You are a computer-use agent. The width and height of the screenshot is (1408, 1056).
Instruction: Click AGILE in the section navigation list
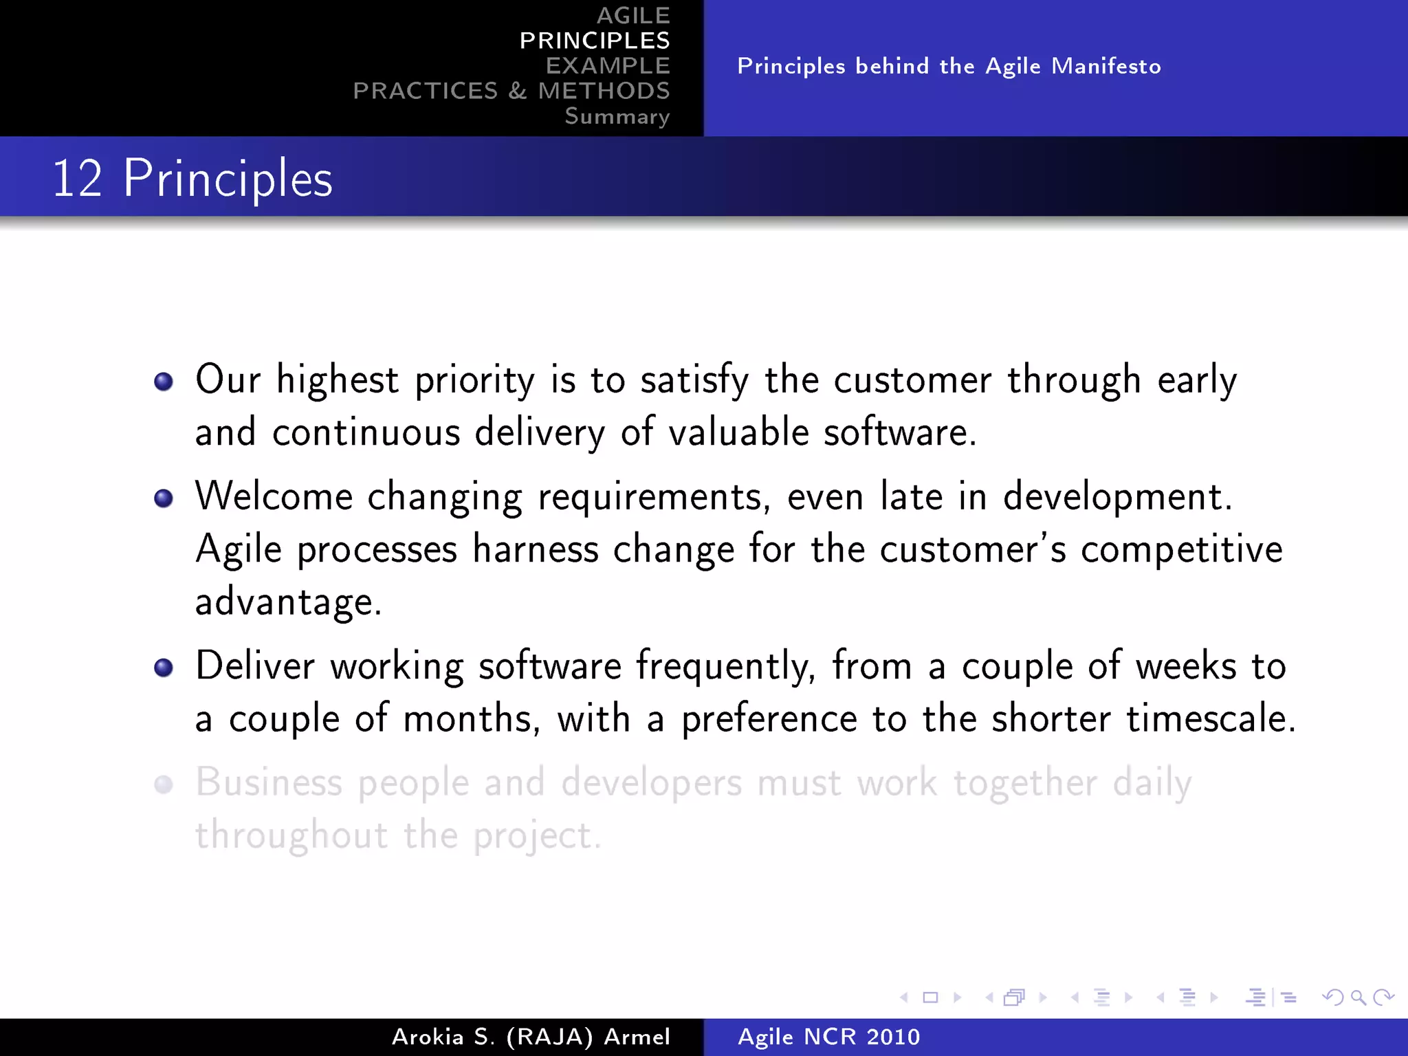(x=632, y=15)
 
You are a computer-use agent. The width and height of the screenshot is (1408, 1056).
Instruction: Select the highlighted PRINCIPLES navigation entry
(x=595, y=41)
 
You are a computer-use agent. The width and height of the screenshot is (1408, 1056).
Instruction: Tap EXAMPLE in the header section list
(x=608, y=66)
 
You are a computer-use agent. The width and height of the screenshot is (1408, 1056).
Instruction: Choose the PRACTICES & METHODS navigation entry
(x=511, y=91)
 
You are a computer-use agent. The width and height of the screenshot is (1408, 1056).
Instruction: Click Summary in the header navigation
(x=617, y=116)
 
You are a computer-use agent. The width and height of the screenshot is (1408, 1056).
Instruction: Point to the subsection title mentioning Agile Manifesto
(x=949, y=66)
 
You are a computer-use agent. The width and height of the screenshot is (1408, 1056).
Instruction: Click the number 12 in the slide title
(x=77, y=179)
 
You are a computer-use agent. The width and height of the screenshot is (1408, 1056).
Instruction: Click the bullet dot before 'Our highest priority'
(x=164, y=382)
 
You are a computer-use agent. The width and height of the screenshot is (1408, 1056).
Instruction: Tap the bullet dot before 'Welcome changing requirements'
(x=164, y=498)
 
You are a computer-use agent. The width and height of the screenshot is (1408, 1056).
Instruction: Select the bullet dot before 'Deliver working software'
(x=164, y=668)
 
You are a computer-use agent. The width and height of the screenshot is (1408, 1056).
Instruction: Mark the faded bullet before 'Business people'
(x=164, y=784)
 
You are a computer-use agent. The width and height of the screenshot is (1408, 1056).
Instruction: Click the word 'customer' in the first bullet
(x=912, y=380)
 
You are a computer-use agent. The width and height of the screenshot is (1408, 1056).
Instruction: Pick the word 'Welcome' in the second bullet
(x=274, y=496)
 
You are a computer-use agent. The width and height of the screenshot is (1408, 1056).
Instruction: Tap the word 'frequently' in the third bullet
(x=725, y=666)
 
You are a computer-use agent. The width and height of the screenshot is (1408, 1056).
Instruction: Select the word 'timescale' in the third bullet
(x=1210, y=718)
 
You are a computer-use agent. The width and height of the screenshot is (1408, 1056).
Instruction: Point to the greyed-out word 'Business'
(x=269, y=782)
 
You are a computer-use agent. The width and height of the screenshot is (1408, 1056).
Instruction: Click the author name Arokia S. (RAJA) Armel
(x=531, y=1037)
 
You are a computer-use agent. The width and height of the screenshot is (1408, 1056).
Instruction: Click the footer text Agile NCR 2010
(x=828, y=1037)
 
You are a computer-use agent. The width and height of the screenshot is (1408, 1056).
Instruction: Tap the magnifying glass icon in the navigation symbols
(x=1358, y=997)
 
